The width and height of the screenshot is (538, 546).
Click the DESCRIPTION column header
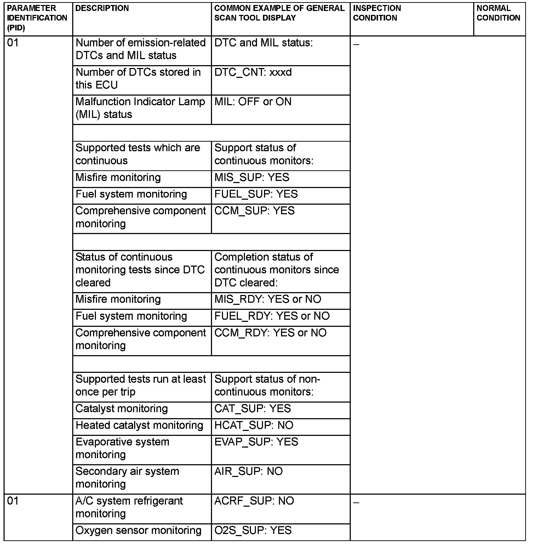[x=102, y=8]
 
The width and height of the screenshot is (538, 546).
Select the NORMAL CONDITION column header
[x=498, y=13]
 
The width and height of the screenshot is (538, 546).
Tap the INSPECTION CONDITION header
[x=377, y=13]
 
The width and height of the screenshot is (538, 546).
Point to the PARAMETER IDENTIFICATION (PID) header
[x=37, y=18]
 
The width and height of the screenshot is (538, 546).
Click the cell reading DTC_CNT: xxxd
[x=253, y=72]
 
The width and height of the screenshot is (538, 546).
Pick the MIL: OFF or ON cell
[x=253, y=102]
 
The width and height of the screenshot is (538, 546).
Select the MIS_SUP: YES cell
[x=252, y=177]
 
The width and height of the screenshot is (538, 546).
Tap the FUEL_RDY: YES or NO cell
[x=272, y=316]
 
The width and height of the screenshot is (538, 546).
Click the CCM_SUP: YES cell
[x=254, y=211]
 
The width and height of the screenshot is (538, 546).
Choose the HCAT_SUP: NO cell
[x=254, y=425]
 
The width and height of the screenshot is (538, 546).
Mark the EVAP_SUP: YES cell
[x=256, y=442]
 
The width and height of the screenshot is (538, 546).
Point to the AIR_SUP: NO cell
[x=248, y=471]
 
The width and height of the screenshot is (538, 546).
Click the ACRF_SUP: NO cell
[x=254, y=501]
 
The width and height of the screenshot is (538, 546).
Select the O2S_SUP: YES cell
[x=253, y=530]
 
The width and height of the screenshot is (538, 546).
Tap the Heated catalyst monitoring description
[x=139, y=425]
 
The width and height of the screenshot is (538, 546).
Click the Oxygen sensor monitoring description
[x=138, y=530]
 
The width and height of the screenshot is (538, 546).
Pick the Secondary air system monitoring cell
[x=127, y=478]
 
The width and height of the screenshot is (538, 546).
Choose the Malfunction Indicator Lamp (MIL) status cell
[x=140, y=108]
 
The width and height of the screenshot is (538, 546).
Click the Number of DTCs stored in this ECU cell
[x=138, y=79]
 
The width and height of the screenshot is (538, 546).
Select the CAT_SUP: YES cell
[x=252, y=409]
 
